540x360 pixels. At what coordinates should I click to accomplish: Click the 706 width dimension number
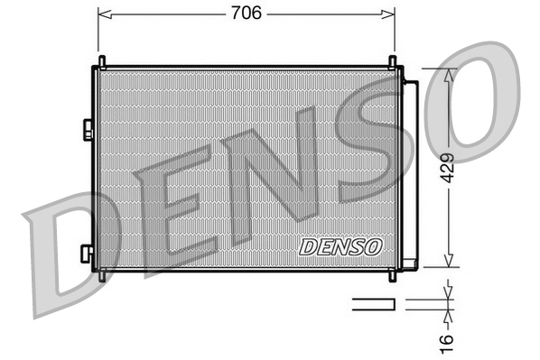[x=246, y=14]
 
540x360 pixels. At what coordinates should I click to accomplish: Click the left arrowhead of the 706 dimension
[x=102, y=14]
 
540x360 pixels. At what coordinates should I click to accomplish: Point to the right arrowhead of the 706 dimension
[x=390, y=14]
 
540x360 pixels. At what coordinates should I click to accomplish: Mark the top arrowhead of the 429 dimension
[x=447, y=73]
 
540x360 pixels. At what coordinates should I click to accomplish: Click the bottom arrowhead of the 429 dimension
[x=447, y=263]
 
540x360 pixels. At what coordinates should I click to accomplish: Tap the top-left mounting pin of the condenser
[x=101, y=61]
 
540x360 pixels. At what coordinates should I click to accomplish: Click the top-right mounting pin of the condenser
[x=394, y=61]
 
